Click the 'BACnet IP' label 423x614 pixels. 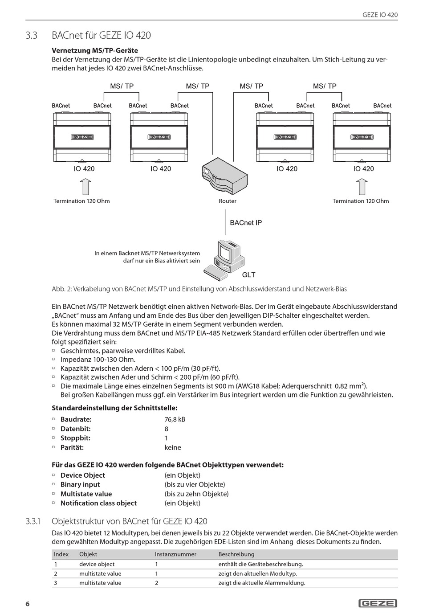point(246,223)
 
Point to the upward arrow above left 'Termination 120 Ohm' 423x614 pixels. point(86,187)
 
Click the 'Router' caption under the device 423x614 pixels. point(228,201)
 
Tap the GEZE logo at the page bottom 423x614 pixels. point(378,603)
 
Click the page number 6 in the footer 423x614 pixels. point(28,604)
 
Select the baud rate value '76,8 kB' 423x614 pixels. point(175,419)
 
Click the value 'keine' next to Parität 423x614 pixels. point(173,447)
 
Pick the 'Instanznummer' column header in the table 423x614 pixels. point(175,554)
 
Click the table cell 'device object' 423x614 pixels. point(97,564)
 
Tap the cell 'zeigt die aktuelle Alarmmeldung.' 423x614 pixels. point(262,583)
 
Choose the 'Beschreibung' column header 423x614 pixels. point(236,554)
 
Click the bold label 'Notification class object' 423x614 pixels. point(98,503)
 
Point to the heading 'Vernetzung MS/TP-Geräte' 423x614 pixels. point(95,50)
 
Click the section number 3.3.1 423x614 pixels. point(33,521)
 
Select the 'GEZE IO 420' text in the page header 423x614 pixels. point(380,15)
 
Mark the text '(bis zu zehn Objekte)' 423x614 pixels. point(196,494)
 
